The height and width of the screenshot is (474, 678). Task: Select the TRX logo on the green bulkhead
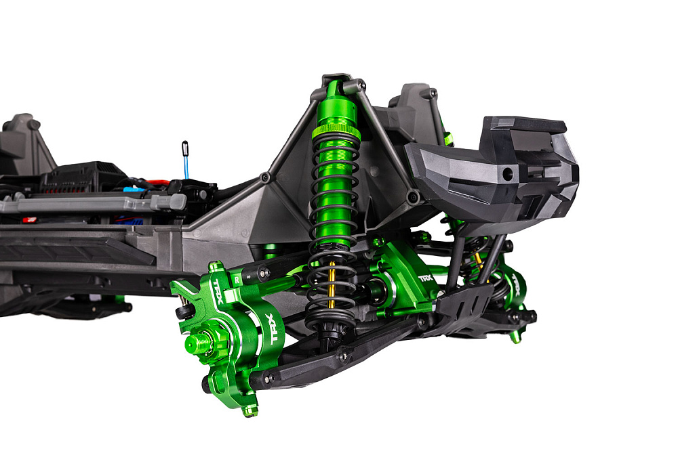[x=425, y=278]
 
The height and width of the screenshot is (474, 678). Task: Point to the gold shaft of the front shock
[x=332, y=288]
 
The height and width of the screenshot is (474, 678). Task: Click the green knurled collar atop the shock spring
[x=335, y=129]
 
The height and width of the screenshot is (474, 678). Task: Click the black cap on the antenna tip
[x=184, y=146]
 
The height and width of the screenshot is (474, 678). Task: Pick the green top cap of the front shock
[x=333, y=90]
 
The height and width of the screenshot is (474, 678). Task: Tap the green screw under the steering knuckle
[x=250, y=410]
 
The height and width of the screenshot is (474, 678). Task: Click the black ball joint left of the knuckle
[x=182, y=311]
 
